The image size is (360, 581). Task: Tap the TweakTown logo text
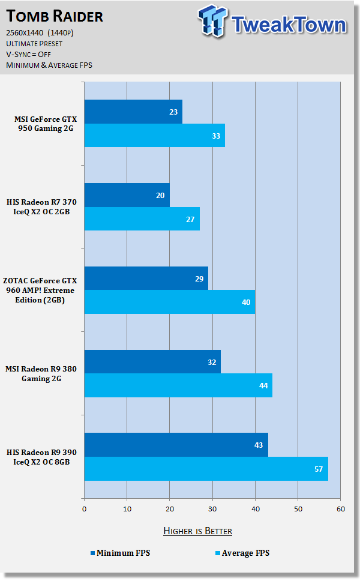click(288, 25)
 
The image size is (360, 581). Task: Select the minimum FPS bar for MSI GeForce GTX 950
click(133, 112)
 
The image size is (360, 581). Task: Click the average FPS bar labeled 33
click(154, 135)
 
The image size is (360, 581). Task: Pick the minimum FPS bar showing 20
click(127, 195)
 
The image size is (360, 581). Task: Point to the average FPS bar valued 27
click(142, 218)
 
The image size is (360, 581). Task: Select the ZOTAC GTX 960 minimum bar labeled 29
click(146, 278)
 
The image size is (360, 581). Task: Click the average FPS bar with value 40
click(169, 302)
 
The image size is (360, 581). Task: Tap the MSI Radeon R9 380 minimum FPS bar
click(152, 362)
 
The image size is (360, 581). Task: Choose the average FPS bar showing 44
click(178, 385)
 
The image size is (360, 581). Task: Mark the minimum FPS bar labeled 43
click(176, 445)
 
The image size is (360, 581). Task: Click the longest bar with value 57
click(206, 468)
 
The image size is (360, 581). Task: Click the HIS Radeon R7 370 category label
click(46, 207)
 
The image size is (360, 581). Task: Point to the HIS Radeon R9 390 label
click(46, 457)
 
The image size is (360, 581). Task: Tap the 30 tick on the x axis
click(212, 509)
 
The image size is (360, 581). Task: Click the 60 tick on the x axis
click(340, 509)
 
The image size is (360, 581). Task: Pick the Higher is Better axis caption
click(197, 531)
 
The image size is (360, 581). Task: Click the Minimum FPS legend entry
click(120, 553)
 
